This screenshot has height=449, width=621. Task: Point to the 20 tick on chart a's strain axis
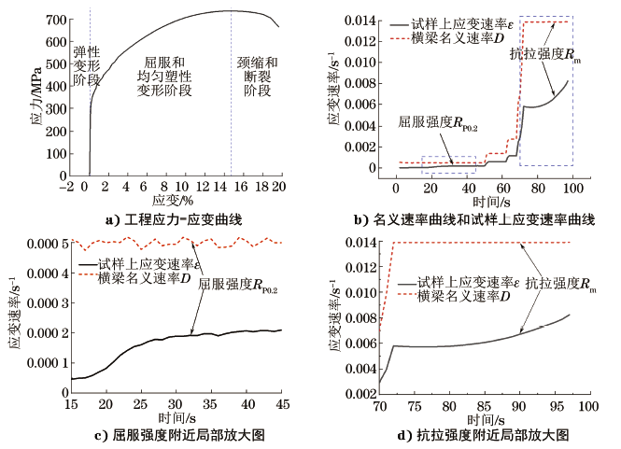pyautogui.click(x=277, y=188)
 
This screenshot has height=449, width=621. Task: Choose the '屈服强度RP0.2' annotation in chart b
pyautogui.click(x=438, y=123)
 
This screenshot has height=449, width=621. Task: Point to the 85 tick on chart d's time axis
pyautogui.click(x=484, y=407)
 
